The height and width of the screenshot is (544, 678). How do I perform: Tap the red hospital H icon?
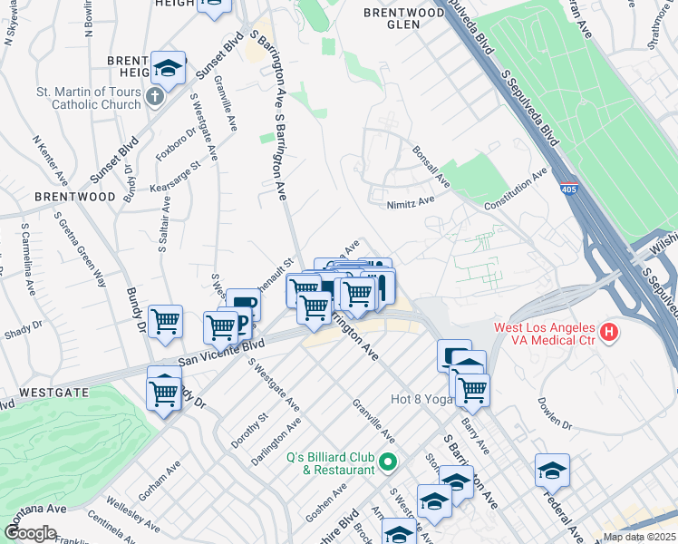[609, 333]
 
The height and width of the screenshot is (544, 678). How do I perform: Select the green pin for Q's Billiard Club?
[389, 462]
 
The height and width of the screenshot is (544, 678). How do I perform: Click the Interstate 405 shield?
[567, 186]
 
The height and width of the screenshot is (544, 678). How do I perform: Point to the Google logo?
[29, 532]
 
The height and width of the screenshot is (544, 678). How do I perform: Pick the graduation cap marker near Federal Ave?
[552, 471]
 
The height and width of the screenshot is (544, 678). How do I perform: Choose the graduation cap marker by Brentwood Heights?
[168, 68]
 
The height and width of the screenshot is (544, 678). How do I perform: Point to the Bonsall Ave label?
[431, 167]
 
